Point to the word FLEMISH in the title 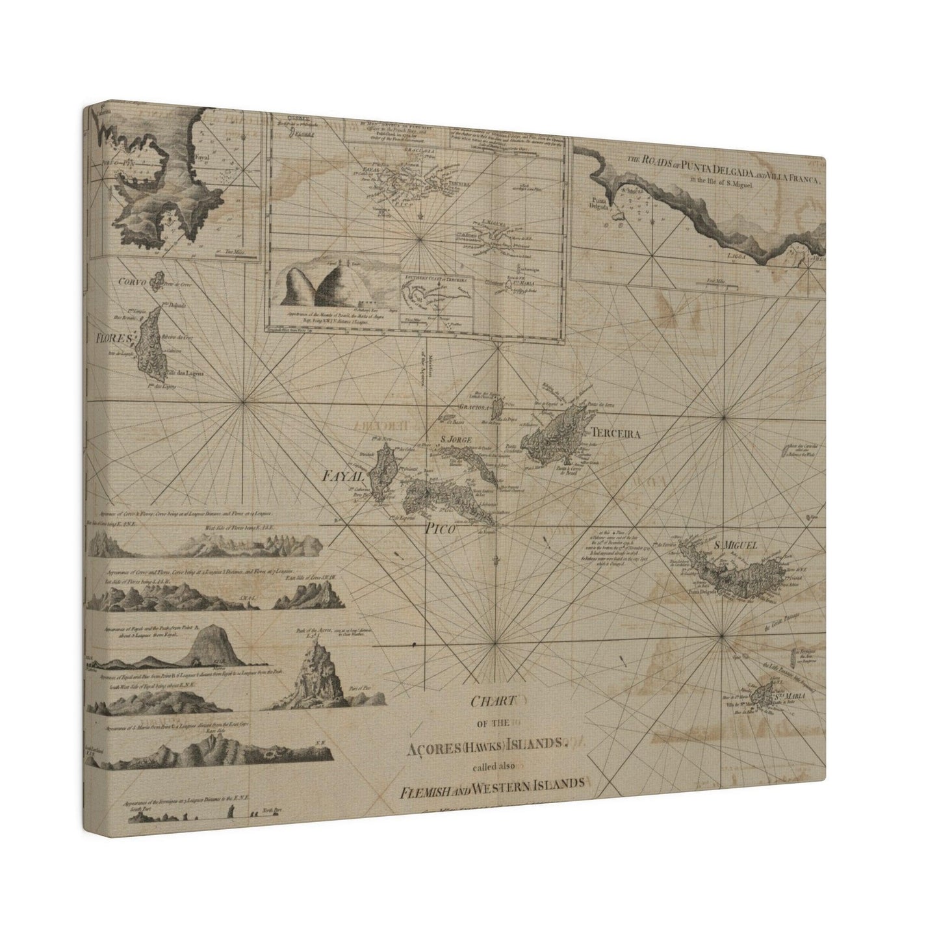(x=426, y=783)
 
